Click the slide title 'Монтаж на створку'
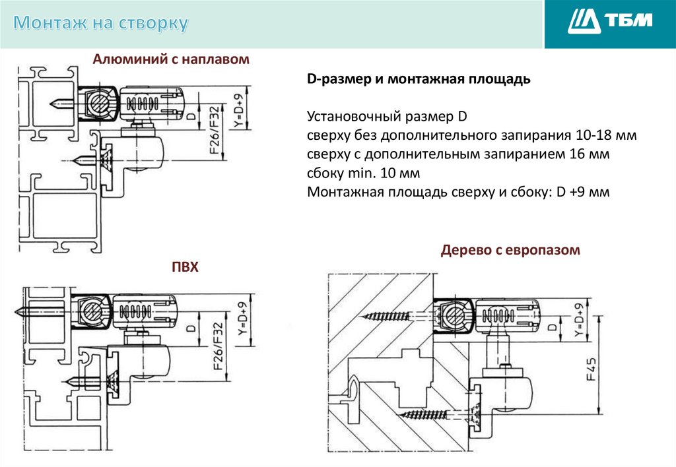click(100, 23)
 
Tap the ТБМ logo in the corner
click(609, 21)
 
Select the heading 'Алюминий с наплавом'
click(171, 59)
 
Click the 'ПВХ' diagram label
click(185, 266)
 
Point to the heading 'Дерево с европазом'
click(510, 250)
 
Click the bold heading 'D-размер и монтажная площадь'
click(419, 79)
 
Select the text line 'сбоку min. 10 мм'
click(364, 173)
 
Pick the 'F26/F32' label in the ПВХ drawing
click(219, 346)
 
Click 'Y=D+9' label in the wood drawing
click(579, 320)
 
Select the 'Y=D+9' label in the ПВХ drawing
click(243, 319)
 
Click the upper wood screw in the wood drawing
click(386, 317)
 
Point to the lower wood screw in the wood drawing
click(423, 415)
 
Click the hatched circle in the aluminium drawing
click(98, 103)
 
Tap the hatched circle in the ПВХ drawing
click(91, 311)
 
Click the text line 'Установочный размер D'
click(387, 116)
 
